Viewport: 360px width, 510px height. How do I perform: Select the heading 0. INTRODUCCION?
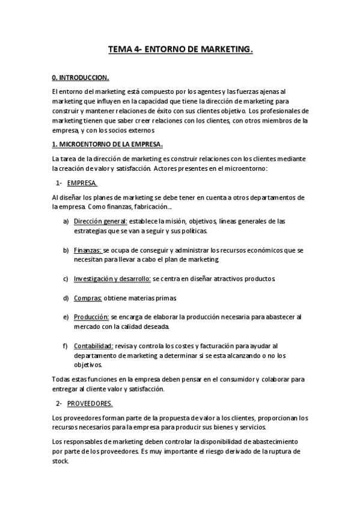pos(81,78)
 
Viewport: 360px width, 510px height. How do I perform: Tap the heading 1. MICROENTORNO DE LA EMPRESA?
pos(108,144)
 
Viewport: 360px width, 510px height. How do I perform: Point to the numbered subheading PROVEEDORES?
pos(90,403)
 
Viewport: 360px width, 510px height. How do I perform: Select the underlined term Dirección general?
pos(100,221)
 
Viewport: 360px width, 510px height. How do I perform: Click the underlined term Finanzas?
pos(88,249)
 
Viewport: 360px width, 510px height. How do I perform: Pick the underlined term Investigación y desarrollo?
pos(112,279)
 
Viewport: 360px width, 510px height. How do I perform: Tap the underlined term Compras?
pos(88,298)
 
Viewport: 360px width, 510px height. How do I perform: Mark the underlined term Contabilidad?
pos(94,346)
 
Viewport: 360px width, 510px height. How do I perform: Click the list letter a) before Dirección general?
pos(66,221)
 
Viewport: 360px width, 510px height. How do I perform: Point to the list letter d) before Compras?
pos(66,298)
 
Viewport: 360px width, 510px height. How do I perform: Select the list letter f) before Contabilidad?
pos(65,346)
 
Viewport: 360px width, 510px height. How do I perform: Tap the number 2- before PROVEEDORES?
pos(59,403)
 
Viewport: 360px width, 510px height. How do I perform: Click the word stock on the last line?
pos(61,461)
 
